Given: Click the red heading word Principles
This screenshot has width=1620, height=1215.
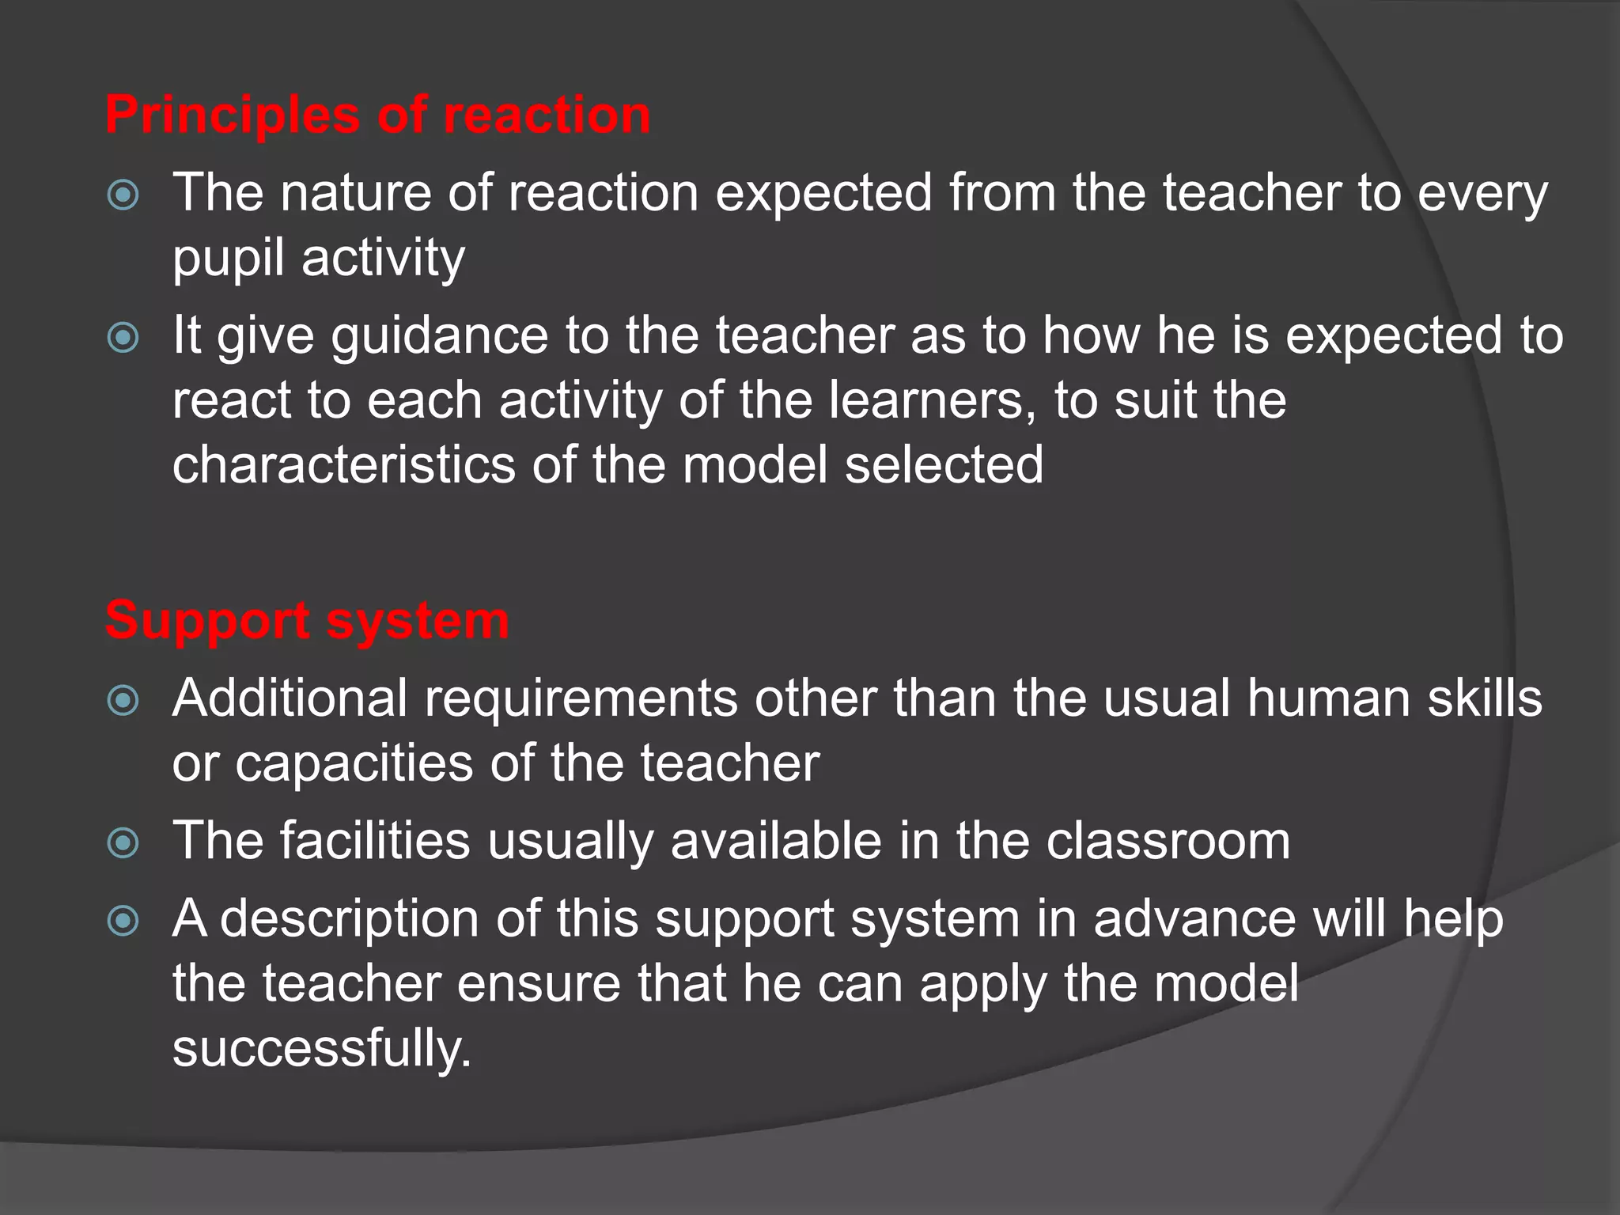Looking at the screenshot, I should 233,115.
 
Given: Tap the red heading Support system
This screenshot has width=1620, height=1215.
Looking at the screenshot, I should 307,620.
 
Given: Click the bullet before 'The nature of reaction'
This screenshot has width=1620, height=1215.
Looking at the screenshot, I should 123,195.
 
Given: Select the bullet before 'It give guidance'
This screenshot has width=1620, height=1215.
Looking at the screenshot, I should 123,338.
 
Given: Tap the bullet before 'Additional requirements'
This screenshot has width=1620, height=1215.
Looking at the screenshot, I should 123,700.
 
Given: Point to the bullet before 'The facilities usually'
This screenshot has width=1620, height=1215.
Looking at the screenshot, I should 123,842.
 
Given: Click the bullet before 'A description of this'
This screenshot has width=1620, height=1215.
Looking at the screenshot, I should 123,920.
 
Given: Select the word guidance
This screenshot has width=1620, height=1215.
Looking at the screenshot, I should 439,336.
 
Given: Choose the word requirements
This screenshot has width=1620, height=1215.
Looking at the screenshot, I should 581,698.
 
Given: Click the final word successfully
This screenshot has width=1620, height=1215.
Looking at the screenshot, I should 321,1049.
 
